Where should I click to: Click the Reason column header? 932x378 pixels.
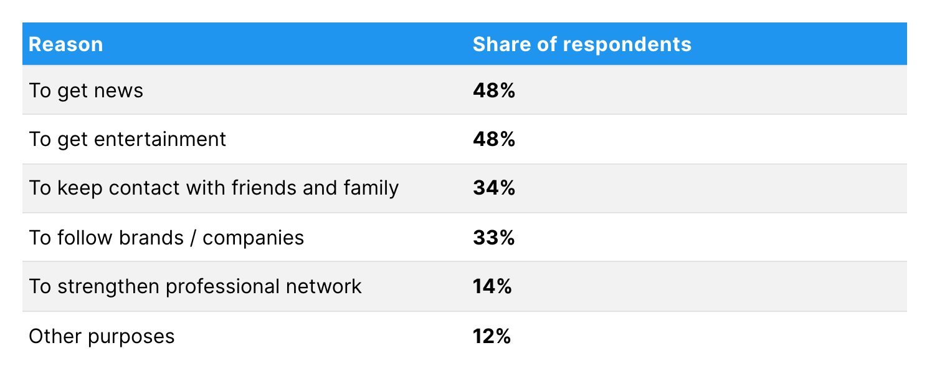(66, 44)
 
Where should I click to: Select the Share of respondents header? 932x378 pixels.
(582, 44)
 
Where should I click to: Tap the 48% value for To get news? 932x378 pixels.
(494, 90)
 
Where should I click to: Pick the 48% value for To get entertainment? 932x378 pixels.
(494, 139)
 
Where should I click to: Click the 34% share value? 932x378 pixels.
(494, 188)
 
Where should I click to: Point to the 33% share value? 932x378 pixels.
(493, 238)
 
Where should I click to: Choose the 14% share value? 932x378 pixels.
(492, 286)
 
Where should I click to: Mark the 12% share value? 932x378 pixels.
(492, 336)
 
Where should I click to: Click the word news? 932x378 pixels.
(118, 91)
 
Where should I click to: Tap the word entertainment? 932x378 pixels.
(160, 139)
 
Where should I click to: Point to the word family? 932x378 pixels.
(371, 188)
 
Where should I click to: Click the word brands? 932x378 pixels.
(151, 238)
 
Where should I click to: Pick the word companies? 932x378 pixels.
(254, 238)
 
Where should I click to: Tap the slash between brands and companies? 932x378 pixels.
(194, 238)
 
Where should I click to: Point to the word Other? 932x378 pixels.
(55, 336)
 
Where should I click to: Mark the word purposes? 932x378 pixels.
(131, 337)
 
